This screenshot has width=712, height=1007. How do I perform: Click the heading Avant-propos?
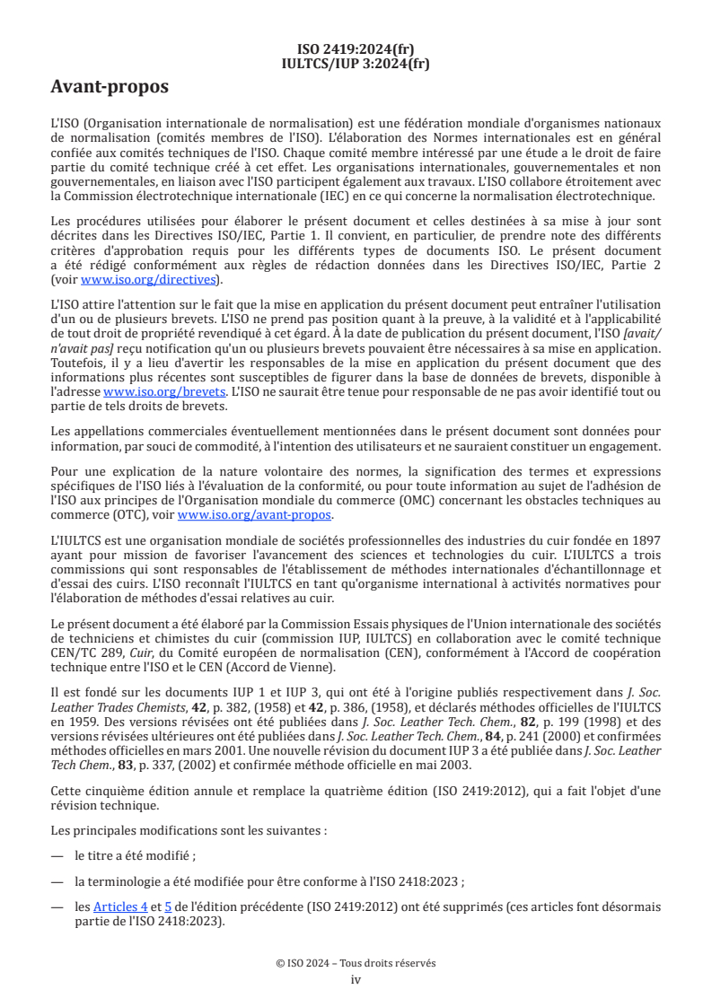[109, 87]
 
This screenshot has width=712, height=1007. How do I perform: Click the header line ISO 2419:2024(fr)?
[356, 49]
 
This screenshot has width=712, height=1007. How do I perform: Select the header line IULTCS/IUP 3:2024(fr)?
[356, 63]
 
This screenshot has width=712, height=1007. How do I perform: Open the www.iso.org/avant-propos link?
[254, 514]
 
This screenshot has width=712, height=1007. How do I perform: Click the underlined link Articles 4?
[120, 907]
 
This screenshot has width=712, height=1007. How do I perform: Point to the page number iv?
[356, 979]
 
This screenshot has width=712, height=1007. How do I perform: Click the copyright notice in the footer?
[356, 963]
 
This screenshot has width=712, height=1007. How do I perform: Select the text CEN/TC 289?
[83, 639]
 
